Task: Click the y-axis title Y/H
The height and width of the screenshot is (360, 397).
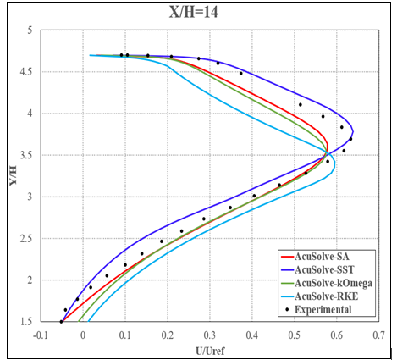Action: tap(12, 176)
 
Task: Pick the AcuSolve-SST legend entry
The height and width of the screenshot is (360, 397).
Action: tap(324, 269)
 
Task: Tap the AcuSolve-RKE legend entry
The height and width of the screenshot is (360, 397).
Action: tap(324, 295)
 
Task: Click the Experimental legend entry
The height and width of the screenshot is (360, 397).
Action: tap(324, 307)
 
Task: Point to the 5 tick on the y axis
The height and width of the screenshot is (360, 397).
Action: tap(29, 30)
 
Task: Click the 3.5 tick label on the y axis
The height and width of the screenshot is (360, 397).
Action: tap(25, 155)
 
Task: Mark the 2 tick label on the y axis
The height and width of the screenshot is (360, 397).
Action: tap(29, 280)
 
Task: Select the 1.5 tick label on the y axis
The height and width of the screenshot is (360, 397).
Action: tap(25, 322)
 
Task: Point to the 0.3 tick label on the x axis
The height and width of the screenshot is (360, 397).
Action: tap(210, 334)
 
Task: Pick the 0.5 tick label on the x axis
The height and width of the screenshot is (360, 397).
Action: tap(294, 334)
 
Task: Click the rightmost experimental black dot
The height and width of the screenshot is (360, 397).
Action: tap(350, 139)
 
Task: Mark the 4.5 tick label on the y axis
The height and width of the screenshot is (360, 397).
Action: tap(25, 72)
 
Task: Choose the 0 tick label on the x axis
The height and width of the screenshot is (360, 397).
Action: tap(83, 334)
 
